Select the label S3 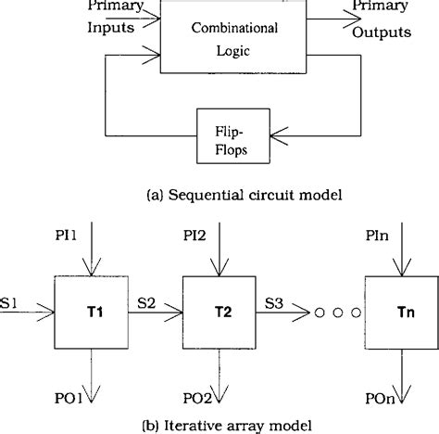277,302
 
